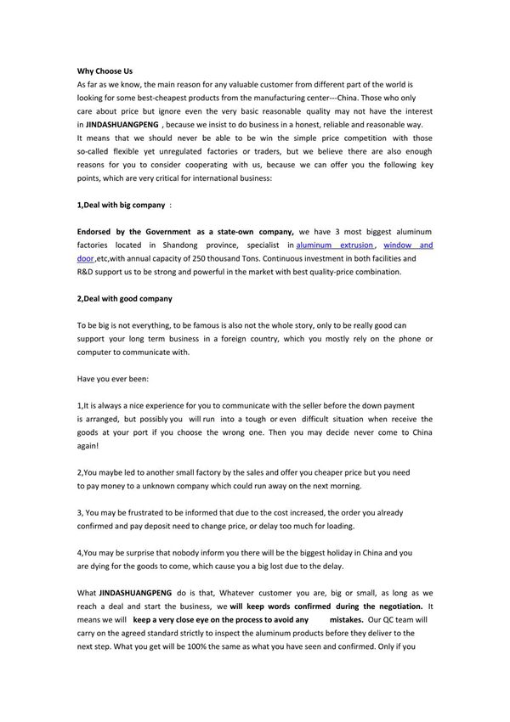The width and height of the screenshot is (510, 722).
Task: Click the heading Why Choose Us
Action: (x=105, y=71)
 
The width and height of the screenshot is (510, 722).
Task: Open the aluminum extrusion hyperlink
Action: (x=334, y=245)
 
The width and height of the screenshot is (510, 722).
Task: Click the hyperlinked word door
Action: (x=85, y=258)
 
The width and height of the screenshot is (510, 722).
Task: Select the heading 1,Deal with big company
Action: (x=121, y=205)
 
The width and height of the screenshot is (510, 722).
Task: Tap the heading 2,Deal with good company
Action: (x=124, y=299)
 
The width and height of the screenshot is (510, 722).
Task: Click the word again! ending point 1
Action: (x=88, y=446)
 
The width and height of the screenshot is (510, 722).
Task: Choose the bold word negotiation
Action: (x=394, y=606)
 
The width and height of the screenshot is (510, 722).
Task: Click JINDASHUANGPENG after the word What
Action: (x=136, y=593)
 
